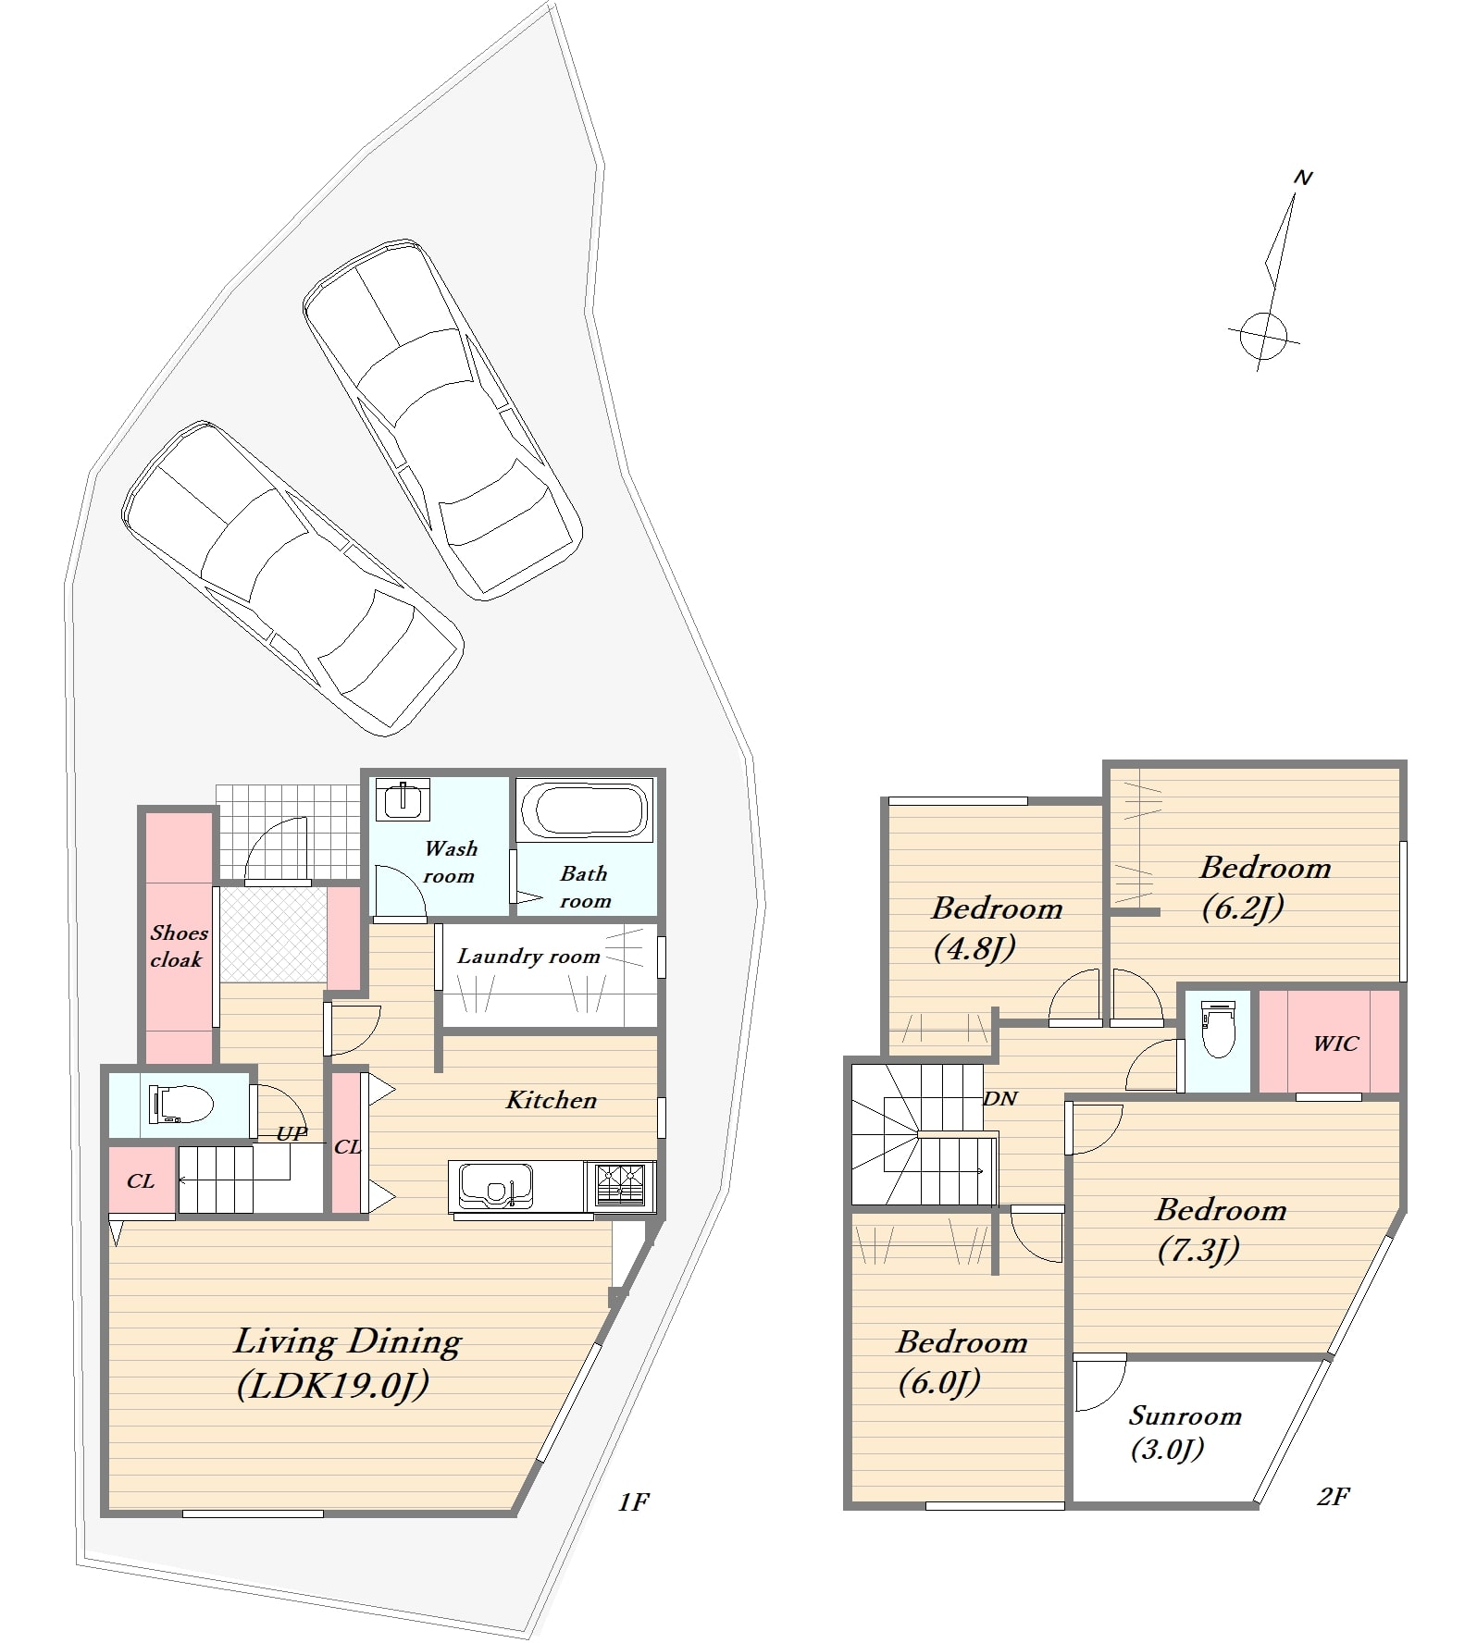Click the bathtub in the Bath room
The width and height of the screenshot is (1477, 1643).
coord(583,810)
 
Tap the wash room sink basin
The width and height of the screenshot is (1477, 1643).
coord(403,800)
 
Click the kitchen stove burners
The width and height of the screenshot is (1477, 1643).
coord(621,1186)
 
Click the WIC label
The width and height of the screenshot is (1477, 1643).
coord(1335,1044)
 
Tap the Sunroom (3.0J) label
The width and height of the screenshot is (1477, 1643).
coord(1185,1431)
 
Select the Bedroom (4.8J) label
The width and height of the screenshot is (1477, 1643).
coord(997,927)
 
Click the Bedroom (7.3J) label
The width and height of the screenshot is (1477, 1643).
coord(1221,1229)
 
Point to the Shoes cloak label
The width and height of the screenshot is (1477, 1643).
coord(179,945)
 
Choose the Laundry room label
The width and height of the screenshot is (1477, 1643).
coord(528,957)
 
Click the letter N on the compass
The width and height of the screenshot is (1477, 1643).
coord(1303,178)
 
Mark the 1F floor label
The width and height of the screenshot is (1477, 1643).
coord(633,1502)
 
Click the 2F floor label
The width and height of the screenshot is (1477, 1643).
coord(1333,1496)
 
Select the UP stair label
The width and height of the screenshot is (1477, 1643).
coord(292,1133)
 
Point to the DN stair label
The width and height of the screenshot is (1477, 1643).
coord(1000,1098)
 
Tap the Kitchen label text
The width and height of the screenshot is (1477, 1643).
coord(552,1100)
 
